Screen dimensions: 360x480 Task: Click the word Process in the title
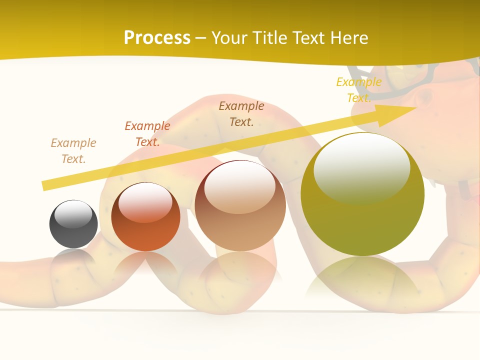(157, 38)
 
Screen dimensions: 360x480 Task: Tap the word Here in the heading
(348, 38)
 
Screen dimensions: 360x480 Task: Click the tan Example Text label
(73, 151)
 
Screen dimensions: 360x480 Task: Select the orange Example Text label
(147, 134)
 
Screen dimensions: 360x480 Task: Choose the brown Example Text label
(241, 114)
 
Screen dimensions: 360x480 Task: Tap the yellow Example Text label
(359, 90)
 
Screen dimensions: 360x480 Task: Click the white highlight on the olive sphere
(361, 167)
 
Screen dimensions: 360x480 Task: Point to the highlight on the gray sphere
(73, 214)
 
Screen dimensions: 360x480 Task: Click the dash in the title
(201, 38)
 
